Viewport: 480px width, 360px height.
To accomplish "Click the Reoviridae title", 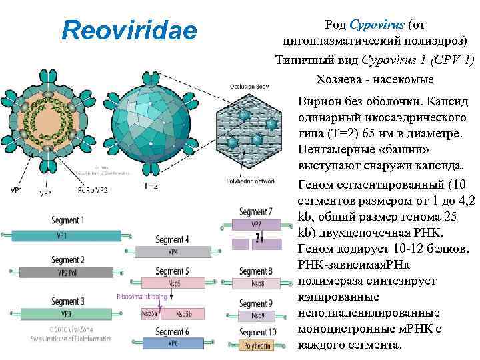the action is (x=129, y=30).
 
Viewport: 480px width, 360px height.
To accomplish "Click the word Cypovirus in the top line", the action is (x=377, y=25).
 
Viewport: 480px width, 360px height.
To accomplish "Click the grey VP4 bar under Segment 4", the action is (x=173, y=252).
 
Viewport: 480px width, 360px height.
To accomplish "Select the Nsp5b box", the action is (x=183, y=313).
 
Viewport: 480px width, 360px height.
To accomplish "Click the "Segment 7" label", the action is (x=256, y=212).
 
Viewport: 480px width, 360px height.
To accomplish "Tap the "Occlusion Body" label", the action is (x=249, y=87).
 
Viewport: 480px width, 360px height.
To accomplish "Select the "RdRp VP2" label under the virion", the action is (x=93, y=189).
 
